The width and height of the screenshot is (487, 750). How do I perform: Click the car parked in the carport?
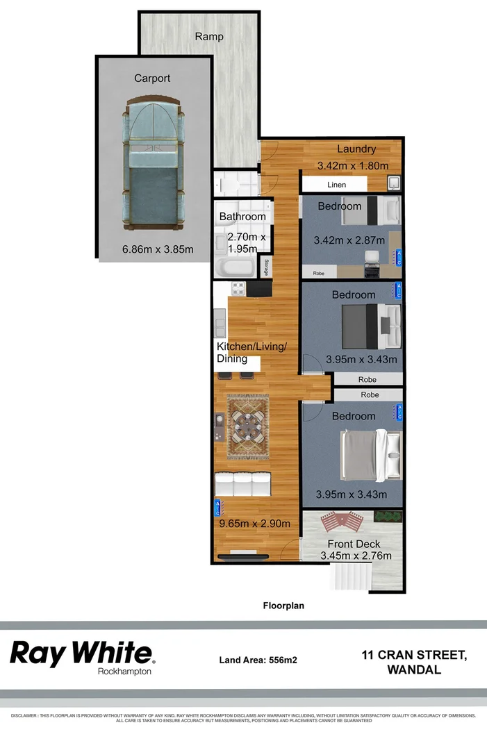tap(155, 164)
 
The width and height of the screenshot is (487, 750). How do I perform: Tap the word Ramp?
tap(208, 36)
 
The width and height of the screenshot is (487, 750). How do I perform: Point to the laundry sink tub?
tap(393, 183)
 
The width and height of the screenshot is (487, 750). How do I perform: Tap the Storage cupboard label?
tap(265, 267)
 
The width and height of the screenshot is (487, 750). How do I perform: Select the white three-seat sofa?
tap(242, 483)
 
